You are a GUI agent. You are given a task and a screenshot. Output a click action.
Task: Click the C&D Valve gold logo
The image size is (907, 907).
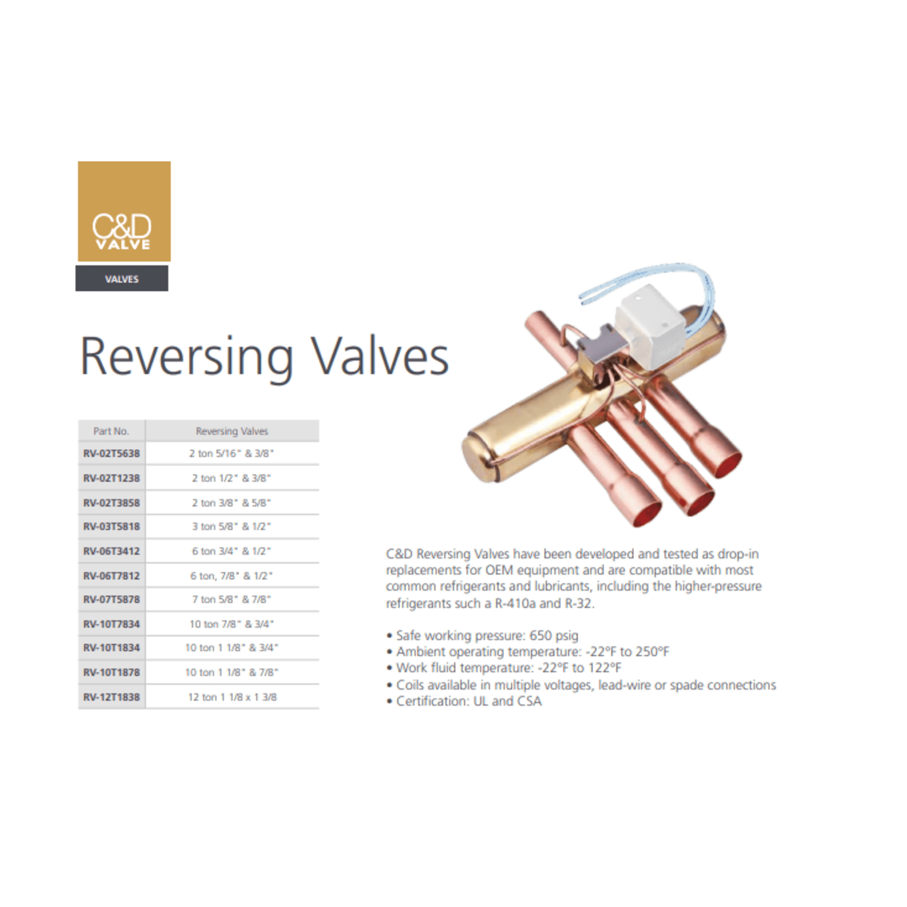[124, 211]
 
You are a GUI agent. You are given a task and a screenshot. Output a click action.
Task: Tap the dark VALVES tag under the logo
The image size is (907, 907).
[122, 278]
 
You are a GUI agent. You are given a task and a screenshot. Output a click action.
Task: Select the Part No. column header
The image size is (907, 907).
[111, 431]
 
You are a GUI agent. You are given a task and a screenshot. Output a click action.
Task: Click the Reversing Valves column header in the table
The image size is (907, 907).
[232, 431]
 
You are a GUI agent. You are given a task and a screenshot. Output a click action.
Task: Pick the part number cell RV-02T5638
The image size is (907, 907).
[111, 453]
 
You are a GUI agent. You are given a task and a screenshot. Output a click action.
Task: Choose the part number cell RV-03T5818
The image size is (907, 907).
[111, 527]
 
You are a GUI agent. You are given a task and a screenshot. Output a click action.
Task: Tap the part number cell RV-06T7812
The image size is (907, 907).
[111, 576]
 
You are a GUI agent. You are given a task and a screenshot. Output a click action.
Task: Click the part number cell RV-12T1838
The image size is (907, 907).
[111, 697]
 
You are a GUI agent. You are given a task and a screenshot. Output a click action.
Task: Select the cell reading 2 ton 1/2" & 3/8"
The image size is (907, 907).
[232, 478]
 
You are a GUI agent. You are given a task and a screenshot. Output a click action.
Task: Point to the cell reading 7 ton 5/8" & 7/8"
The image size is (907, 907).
[232, 599]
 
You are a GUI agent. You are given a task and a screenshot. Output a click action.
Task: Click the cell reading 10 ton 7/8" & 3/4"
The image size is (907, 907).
[232, 624]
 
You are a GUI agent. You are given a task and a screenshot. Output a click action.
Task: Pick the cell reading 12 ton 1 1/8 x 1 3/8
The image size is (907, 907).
[233, 697]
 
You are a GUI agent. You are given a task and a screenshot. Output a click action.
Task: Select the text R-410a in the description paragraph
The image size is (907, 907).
[515, 603]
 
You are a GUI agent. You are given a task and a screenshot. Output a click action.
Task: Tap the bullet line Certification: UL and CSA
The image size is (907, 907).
[464, 701]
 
